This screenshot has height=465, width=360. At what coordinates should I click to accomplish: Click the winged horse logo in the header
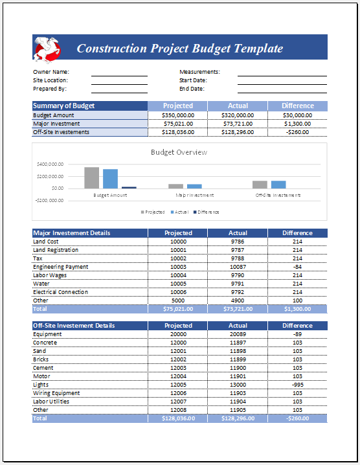point(47,47)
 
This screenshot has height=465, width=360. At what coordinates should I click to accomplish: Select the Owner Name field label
point(51,72)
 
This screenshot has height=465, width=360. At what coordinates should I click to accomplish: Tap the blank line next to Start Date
point(282,80)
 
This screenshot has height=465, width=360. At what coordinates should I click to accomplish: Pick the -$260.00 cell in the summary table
point(297,132)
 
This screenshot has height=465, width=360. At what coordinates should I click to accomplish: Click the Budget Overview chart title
point(179,153)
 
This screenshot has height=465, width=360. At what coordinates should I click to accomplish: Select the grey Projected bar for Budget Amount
point(92,177)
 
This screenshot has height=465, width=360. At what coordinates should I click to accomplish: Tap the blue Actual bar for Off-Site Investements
point(278,185)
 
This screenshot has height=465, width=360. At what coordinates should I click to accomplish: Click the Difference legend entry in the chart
point(207,212)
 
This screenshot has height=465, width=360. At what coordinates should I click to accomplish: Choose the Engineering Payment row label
point(61,267)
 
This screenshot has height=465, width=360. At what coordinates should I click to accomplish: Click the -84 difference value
point(297,267)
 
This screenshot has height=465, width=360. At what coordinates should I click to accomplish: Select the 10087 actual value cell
point(238,267)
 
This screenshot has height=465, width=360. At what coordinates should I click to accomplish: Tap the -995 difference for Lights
point(297,385)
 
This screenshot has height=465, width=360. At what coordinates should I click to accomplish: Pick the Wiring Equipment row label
point(56,393)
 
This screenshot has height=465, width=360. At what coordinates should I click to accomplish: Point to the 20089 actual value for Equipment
point(238,334)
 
